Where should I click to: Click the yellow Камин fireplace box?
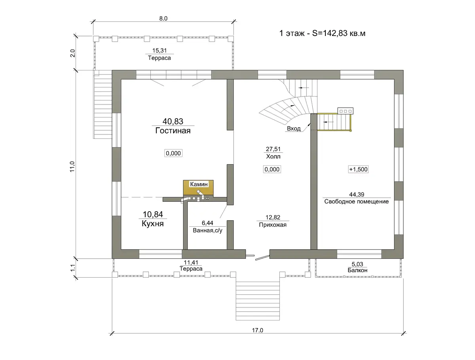[x=198, y=188]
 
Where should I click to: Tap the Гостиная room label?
[x=173, y=131]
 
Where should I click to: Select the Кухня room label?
[x=152, y=224]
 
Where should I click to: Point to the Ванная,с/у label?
[x=207, y=231]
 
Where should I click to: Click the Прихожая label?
[x=273, y=225]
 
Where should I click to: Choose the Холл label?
[x=273, y=156]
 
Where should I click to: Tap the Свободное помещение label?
[x=356, y=201]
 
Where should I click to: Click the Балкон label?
[x=357, y=270]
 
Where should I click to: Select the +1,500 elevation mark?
[x=358, y=169]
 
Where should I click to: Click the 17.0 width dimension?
[x=258, y=330]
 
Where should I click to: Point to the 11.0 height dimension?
[x=72, y=167]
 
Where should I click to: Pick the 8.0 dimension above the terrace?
[x=163, y=19]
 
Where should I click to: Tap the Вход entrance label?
[x=294, y=129]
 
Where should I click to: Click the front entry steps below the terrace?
[x=258, y=301]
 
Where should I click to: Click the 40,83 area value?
[x=173, y=121]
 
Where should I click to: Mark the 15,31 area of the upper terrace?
[x=160, y=51]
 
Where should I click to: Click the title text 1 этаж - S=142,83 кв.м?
[x=322, y=33]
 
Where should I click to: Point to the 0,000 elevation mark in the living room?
[x=173, y=153]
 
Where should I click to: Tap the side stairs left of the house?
[x=103, y=104]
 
